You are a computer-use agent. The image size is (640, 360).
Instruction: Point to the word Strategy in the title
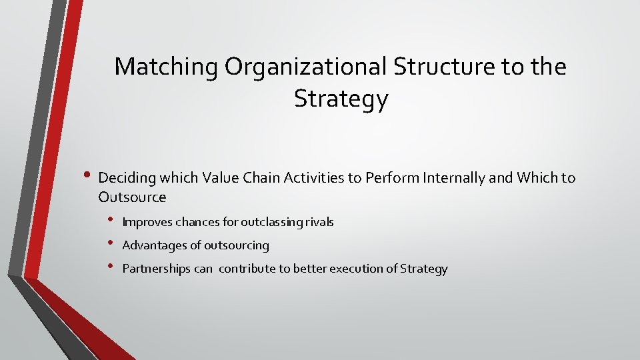coord(341,99)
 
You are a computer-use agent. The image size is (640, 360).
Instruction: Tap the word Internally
coord(443,178)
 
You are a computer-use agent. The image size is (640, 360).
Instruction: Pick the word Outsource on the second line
coord(132,197)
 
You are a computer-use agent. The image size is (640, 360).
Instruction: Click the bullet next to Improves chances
coord(112,220)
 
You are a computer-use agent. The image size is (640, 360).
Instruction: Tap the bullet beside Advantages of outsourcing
coord(112,244)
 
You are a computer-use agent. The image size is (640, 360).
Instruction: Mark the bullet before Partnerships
coord(112,267)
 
